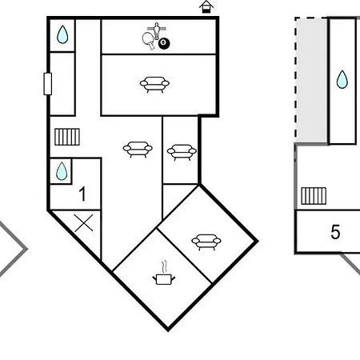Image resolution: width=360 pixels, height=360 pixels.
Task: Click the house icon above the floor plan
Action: coord(206,7)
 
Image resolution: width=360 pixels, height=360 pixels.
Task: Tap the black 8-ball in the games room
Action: coord(164,44)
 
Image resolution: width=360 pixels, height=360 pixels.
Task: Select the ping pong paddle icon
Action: coord(148,41)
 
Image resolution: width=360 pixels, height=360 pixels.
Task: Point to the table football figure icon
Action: coord(157,30)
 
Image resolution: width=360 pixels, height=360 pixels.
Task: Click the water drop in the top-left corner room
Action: coord(62,34)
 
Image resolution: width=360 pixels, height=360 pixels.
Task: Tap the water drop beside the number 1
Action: coord(62,171)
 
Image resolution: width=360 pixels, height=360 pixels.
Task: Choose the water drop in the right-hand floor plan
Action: coord(342,79)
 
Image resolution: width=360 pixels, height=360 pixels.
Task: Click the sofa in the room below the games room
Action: coord(154,85)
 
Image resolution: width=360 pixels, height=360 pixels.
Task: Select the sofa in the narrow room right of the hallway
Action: coord(182,152)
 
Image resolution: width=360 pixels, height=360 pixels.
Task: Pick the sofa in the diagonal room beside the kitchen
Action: coord(206,242)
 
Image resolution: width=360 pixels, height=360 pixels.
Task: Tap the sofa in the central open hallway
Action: coord(138,150)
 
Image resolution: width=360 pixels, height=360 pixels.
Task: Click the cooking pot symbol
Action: coord(164,279)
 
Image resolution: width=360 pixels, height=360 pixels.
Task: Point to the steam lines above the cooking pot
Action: coord(164,266)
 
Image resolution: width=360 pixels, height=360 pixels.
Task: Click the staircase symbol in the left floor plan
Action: coord(67,137)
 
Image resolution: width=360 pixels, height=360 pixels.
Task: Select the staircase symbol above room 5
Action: coord(314,196)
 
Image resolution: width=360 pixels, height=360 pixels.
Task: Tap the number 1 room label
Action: coord(82,194)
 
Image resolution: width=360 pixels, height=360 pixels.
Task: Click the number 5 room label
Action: coord(335,232)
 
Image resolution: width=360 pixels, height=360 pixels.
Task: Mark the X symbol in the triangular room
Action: coord(84,223)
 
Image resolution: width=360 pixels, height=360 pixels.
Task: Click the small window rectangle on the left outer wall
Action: coord(48,84)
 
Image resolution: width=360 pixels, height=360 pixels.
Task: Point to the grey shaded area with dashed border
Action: coord(311,80)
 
